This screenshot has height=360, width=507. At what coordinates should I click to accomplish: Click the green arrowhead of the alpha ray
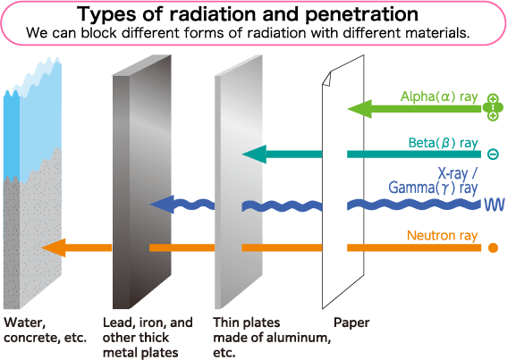(x=359, y=109)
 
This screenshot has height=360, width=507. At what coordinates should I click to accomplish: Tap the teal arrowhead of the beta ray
(x=254, y=155)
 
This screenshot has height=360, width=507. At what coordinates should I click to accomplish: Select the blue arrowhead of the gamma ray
(x=163, y=205)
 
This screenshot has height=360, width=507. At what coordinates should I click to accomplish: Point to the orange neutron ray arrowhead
(x=54, y=247)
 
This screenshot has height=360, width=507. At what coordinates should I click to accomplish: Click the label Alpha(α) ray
(x=439, y=96)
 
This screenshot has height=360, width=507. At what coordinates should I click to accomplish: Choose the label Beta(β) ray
(x=443, y=143)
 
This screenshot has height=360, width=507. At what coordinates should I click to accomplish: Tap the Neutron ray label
(x=442, y=235)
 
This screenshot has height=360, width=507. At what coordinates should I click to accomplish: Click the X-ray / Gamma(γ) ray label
(x=433, y=181)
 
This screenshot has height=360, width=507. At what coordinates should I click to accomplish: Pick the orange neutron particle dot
(x=493, y=247)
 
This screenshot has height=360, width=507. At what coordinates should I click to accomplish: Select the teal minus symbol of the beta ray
(x=493, y=155)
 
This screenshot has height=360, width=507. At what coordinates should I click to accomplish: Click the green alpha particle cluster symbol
(x=493, y=107)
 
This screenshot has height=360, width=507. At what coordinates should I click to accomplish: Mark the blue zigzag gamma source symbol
(x=494, y=205)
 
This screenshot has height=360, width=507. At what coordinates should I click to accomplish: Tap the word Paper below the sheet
(x=351, y=322)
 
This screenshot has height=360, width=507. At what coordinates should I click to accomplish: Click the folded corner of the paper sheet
(x=326, y=79)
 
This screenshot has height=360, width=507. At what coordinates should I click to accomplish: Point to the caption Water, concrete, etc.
(x=46, y=330)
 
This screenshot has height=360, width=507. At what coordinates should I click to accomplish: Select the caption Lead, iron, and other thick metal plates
(x=148, y=338)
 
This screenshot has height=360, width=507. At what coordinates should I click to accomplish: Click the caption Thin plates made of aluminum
(x=272, y=338)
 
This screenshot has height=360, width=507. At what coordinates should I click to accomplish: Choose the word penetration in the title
(x=361, y=14)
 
